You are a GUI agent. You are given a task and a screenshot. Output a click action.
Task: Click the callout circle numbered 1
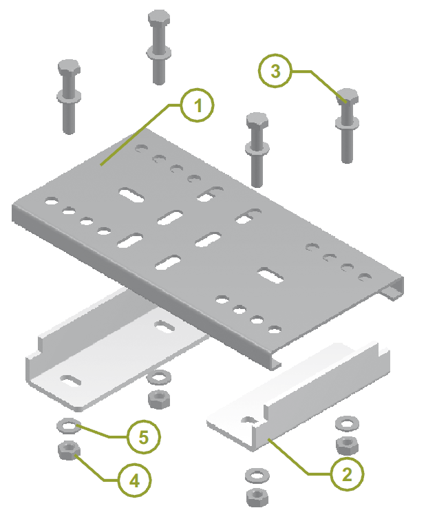[198, 105]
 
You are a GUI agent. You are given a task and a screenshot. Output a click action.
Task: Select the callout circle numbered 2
[348, 474]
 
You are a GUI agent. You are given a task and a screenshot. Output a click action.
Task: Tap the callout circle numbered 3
[275, 71]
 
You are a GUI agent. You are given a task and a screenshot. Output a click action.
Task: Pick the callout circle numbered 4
[134, 480]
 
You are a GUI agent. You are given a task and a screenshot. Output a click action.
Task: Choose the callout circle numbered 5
[144, 437]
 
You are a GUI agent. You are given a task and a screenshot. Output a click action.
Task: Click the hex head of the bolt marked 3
[348, 96]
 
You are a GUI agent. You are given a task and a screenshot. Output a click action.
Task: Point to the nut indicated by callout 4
[70, 451]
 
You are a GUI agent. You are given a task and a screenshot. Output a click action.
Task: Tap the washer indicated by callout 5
[69, 426]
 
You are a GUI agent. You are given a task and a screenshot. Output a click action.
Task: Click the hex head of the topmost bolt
[159, 18]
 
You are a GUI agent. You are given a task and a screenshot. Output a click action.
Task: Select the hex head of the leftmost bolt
[69, 67]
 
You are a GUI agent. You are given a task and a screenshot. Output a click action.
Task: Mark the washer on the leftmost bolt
[69, 96]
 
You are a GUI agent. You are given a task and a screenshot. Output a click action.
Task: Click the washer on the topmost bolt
[159, 53]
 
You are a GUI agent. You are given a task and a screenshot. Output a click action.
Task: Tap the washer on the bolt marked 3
[348, 123]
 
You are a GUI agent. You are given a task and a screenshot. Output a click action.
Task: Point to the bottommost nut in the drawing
[257, 497]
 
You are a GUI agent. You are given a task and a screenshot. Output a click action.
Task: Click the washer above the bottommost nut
[257, 476]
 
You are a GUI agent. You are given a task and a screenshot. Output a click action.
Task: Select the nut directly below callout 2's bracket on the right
[348, 445]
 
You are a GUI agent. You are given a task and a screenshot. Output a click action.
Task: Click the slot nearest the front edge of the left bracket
[71, 381]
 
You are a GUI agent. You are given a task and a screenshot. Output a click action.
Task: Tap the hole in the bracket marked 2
[249, 420]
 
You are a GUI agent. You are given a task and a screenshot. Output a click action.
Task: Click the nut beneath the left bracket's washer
[159, 399]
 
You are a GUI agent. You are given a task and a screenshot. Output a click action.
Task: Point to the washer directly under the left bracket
[159, 377]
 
